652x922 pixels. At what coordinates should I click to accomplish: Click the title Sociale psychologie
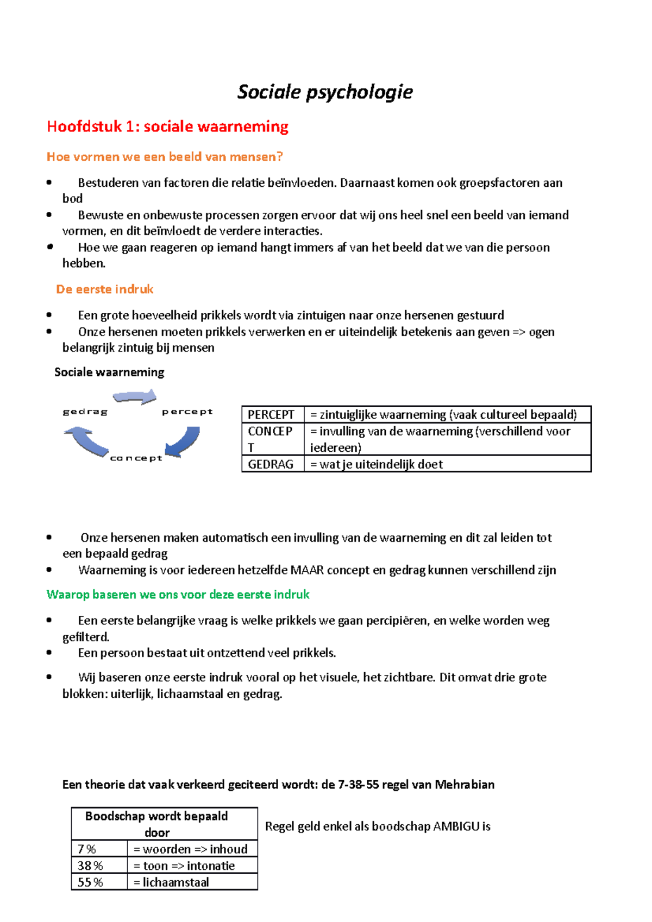tap(325, 92)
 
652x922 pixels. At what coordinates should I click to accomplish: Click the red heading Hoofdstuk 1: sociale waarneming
tap(167, 127)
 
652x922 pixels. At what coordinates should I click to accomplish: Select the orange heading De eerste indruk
tap(105, 289)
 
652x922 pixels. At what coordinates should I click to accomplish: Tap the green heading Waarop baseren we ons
tap(178, 595)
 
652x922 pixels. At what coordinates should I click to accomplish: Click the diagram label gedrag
tap(85, 412)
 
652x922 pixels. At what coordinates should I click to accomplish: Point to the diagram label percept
tap(187, 412)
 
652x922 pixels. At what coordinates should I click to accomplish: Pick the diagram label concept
tap(136, 458)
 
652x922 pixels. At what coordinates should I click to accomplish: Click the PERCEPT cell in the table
tap(272, 415)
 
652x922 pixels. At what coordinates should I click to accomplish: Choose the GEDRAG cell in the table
tap(271, 464)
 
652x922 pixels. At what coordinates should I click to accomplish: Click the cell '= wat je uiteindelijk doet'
tap(377, 464)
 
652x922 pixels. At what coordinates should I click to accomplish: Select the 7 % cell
tap(87, 849)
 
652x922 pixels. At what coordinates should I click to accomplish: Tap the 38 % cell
tap(90, 866)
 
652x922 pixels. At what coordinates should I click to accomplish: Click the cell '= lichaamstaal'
tap(171, 882)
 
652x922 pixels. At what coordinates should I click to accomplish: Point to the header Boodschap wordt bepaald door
tap(157, 824)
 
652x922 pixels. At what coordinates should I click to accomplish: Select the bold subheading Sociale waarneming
tap(109, 372)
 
